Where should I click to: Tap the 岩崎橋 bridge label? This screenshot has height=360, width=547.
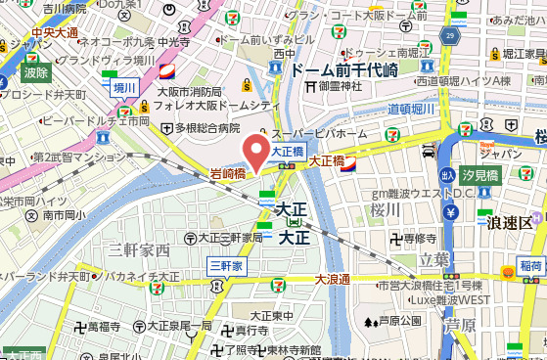tap(228, 174)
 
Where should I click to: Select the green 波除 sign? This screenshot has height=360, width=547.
tap(36, 71)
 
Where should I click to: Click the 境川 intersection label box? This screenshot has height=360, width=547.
tap(123, 87)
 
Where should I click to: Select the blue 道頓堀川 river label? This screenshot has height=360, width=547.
tap(411, 109)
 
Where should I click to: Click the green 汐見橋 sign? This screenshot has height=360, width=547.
tap(480, 176)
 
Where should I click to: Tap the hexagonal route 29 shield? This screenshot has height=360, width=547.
tap(451, 36)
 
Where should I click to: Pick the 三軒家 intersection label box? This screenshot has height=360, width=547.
tap(224, 264)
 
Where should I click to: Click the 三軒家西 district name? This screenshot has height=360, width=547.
tap(139, 250)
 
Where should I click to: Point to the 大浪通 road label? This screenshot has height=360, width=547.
tap(332, 280)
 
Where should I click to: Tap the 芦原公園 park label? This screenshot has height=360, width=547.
tap(397, 321)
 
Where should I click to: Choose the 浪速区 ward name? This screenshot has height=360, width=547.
tap(511, 223)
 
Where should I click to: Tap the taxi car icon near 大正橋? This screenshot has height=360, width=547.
tap(428, 151)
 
